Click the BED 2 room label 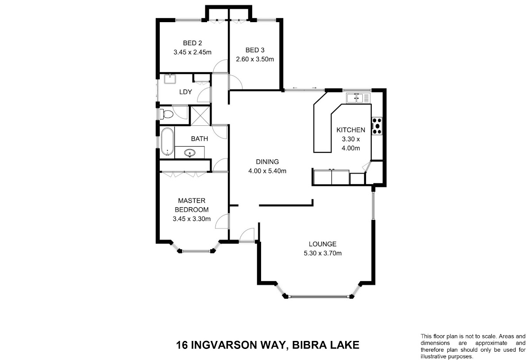pos(192,43)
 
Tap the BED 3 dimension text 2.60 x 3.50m pos(255,59)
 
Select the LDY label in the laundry pos(185,92)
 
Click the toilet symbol pos(166,114)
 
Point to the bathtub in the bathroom pos(167,142)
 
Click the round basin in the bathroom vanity pos(190,152)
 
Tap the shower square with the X pos(200,116)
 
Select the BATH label pos(200,139)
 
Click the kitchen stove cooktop pos(377,126)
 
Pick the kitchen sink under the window pos(358,98)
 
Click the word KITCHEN pos(351,130)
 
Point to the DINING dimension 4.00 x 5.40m pos(267,171)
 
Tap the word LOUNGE pos(323,244)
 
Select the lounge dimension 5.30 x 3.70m pos(323,253)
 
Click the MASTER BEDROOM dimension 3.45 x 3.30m pos(192,219)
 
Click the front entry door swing pos(247,235)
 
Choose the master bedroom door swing pos(222,221)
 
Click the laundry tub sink pos(170,79)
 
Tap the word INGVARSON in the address pos(224,345)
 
